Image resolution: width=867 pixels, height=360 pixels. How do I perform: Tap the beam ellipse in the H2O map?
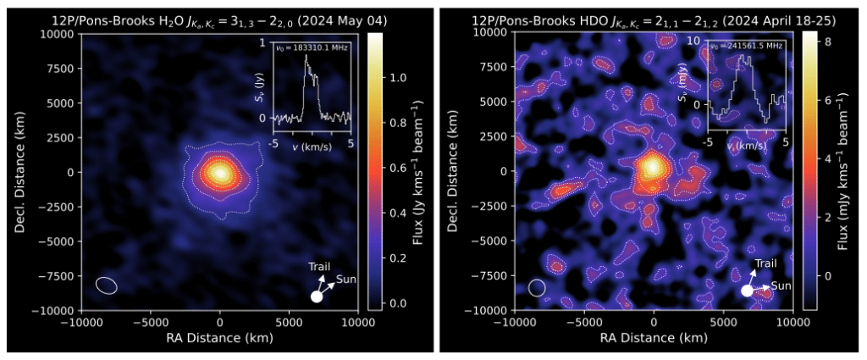tap(106, 285)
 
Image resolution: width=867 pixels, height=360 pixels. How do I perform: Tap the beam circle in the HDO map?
tap(537, 287)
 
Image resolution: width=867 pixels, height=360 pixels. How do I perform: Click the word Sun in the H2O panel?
tap(345, 279)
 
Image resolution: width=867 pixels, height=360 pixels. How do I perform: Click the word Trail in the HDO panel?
tap(765, 263)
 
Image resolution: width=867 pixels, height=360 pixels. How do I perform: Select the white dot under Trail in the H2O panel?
tap(317, 296)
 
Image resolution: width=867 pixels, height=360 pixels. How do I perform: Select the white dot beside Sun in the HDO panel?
tap(747, 291)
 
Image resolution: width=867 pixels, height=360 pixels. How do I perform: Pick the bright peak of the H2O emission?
tap(220, 173)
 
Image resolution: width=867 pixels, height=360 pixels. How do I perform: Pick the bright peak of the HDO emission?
tap(653, 166)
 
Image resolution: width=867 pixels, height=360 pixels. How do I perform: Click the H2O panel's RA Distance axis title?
tap(219, 338)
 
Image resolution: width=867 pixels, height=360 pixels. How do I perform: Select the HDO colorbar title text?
tap(850, 171)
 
